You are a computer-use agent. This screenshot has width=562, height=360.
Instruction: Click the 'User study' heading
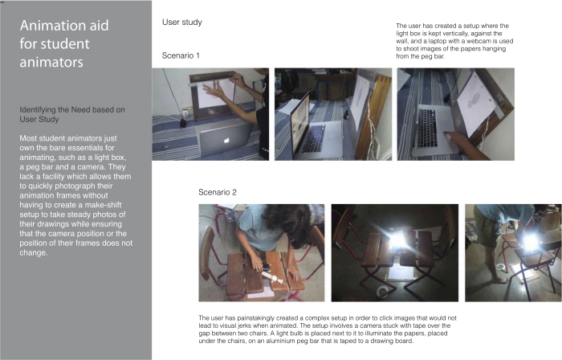(x=182, y=22)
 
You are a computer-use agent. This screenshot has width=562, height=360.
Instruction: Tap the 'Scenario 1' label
(x=181, y=55)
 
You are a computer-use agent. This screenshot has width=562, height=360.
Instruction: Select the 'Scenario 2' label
(x=218, y=192)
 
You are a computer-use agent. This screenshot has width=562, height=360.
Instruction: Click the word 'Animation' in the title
(x=64, y=26)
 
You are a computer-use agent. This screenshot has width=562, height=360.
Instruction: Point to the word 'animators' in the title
(x=51, y=62)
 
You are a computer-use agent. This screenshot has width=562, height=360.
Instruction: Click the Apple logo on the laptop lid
(x=226, y=141)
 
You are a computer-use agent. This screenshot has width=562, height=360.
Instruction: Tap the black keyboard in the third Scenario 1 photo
(x=427, y=128)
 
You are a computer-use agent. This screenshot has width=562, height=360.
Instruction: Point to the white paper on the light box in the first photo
(x=212, y=93)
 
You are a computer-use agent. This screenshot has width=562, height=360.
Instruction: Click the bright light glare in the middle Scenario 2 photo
(x=397, y=239)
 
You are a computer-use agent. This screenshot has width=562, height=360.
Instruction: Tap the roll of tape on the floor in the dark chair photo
(x=383, y=292)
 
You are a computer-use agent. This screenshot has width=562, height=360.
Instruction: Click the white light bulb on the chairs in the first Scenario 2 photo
(x=271, y=277)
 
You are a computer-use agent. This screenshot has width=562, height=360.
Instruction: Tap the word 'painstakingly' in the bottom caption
(x=256, y=318)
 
